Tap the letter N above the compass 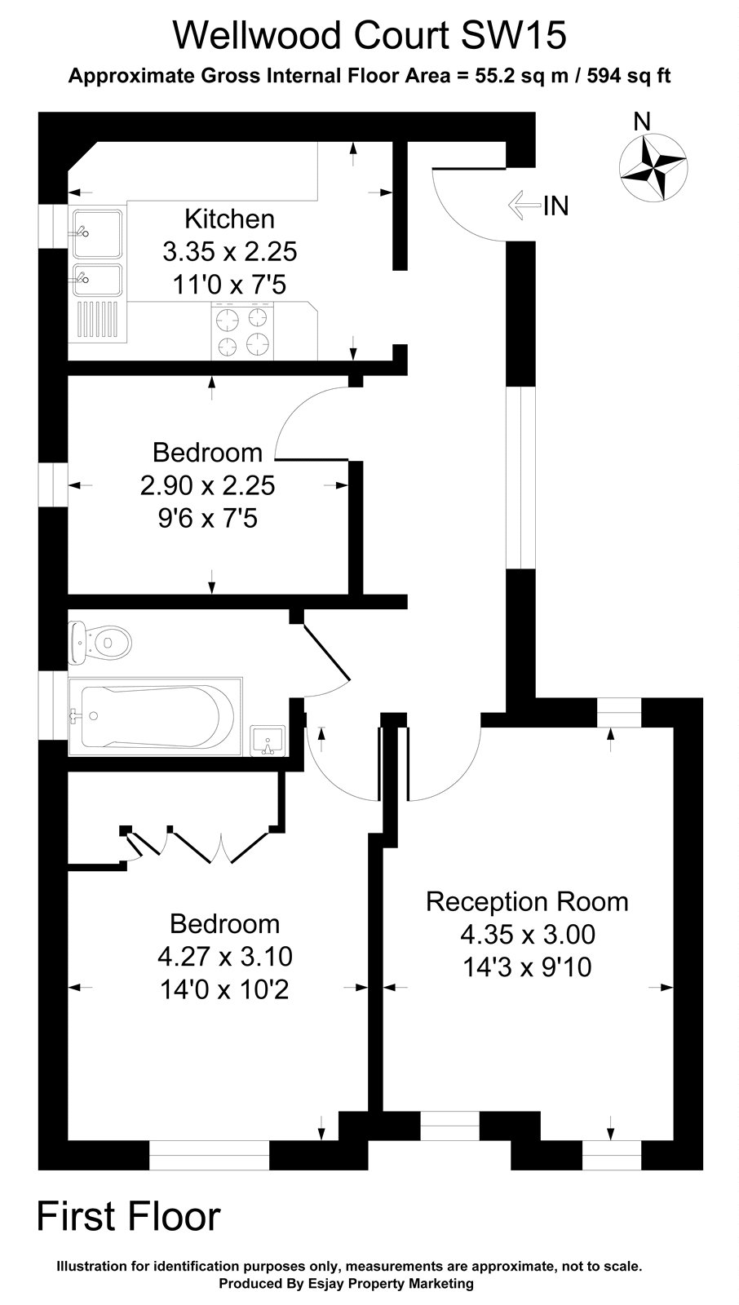[x=643, y=122]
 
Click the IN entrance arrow [x=524, y=206]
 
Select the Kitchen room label [x=229, y=219]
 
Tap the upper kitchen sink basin [x=97, y=233]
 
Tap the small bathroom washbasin [x=268, y=740]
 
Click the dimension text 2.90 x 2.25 [x=208, y=485]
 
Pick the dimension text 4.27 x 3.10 [x=225, y=956]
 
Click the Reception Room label [x=527, y=901]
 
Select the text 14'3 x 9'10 [x=527, y=967]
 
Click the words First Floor [x=129, y=1216]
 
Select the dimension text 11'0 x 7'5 [x=229, y=285]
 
